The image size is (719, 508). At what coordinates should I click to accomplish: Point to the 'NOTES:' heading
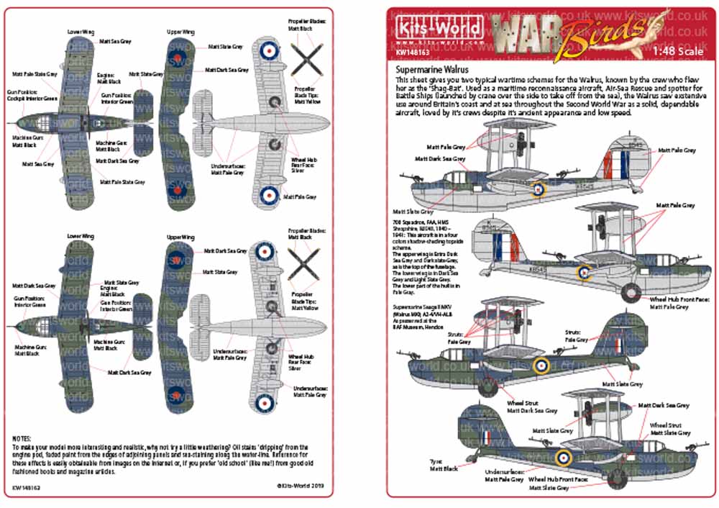[x=23, y=438]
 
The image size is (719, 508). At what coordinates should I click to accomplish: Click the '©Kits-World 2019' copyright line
[x=305, y=486]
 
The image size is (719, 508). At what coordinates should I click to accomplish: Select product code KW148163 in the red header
[x=413, y=53]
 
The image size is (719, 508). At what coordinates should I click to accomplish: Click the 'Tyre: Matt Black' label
[x=443, y=465]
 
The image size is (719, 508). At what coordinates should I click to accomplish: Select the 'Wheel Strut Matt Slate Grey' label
[x=670, y=429]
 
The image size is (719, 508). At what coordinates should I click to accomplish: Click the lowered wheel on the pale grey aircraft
[x=631, y=291]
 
